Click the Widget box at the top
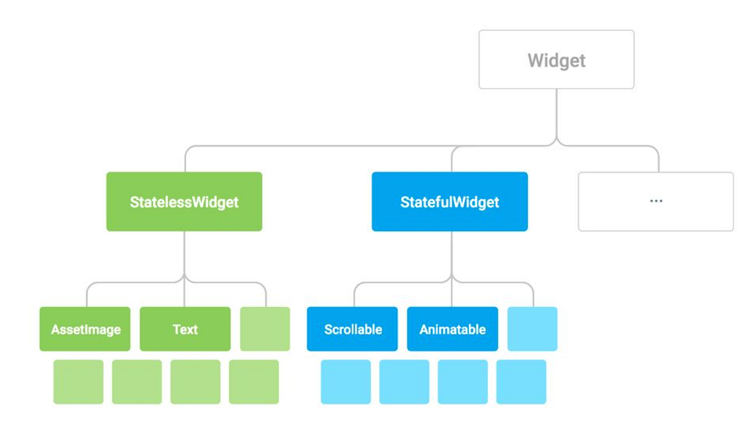[556, 60]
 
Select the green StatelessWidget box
[184, 201]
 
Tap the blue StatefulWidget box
[449, 201]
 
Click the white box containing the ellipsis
[656, 201]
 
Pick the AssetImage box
[85, 329]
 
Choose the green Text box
[185, 329]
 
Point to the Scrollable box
[352, 329]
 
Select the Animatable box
[452, 329]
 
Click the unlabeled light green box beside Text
[265, 329]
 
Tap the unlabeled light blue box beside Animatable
[532, 329]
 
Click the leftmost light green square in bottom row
[79, 382]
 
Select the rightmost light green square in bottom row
[254, 382]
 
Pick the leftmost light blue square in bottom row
[346, 382]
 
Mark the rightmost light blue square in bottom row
[521, 382]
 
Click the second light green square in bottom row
[137, 382]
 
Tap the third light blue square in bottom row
[462, 382]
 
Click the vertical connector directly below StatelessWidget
[184, 252]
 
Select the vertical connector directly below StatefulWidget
[450, 252]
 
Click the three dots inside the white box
[656, 201]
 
